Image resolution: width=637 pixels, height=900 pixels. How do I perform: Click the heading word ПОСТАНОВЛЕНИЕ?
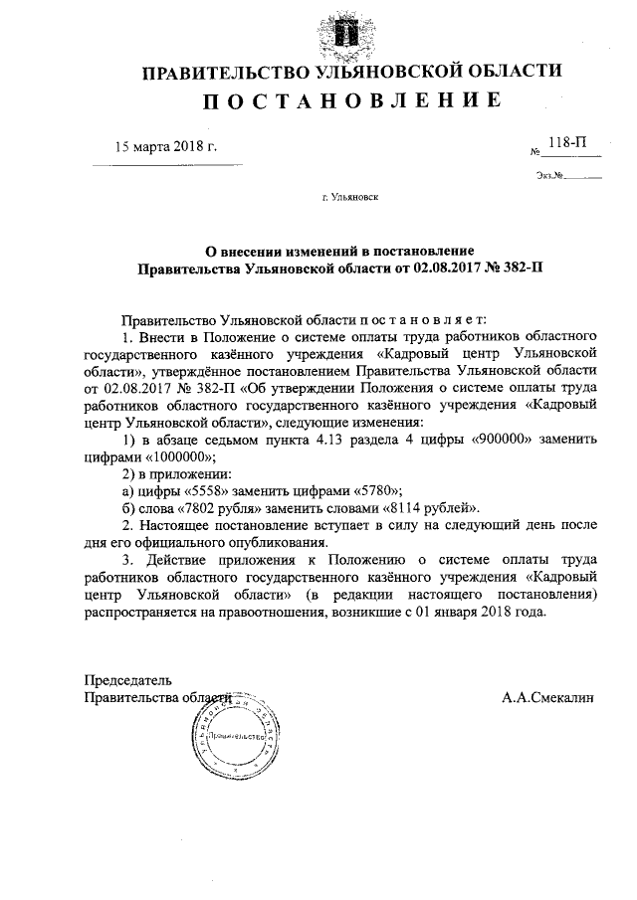351,101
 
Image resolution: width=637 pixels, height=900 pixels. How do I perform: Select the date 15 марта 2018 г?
166,147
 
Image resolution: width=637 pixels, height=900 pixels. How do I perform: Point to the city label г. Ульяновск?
350,198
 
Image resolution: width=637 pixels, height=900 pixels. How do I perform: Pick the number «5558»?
207,489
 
